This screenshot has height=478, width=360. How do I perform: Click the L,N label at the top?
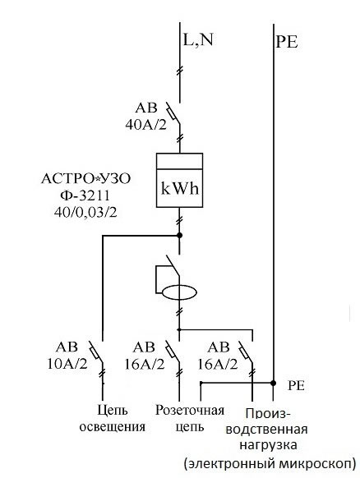(x=198, y=39)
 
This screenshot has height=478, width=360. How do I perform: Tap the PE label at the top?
(x=287, y=41)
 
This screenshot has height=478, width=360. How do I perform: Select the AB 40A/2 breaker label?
(x=146, y=117)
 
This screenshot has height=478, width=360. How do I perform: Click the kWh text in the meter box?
(x=180, y=189)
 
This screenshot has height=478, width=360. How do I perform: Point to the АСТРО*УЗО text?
(x=85, y=179)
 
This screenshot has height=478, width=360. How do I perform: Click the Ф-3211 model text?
(x=85, y=195)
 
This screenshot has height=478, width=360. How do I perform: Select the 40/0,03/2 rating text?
(x=85, y=213)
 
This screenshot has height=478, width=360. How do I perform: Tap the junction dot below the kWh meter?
(x=180, y=236)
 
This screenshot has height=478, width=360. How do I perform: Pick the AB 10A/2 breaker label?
(x=67, y=356)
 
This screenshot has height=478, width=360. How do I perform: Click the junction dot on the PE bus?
(x=274, y=383)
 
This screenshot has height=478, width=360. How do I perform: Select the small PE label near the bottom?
(x=296, y=386)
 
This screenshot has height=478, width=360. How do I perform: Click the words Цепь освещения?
(x=113, y=418)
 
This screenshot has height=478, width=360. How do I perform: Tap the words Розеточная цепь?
(x=190, y=418)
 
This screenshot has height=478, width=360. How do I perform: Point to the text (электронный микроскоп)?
(x=270, y=464)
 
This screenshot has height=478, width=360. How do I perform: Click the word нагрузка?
(x=268, y=445)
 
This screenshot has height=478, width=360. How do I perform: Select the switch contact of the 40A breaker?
(x=173, y=113)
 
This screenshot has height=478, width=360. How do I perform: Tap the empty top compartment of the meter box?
(x=179, y=161)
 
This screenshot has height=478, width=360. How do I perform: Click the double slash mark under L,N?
(x=180, y=71)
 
